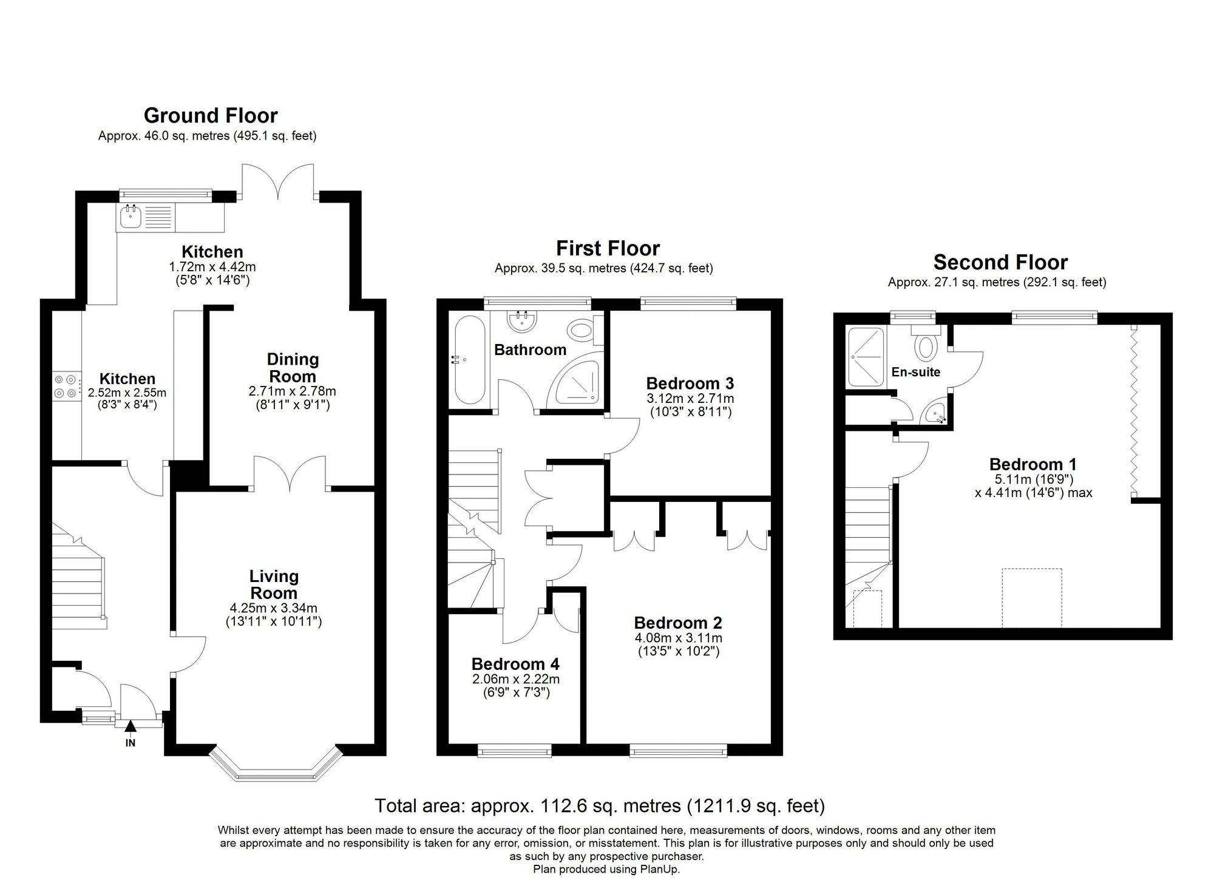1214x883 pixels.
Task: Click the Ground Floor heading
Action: [211, 115]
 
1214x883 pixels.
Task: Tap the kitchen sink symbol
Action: [130, 216]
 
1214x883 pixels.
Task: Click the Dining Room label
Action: [293, 367]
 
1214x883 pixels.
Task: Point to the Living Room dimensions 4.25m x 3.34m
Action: [273, 608]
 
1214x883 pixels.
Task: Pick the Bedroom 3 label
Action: [690, 384]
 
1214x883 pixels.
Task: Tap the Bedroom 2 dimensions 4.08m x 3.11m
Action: [678, 638]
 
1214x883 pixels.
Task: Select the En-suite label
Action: [915, 372]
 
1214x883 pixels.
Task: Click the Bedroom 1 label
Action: [1033, 464]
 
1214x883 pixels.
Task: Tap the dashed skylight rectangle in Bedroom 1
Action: [1031, 598]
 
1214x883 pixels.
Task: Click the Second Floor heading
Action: [1000, 262]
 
